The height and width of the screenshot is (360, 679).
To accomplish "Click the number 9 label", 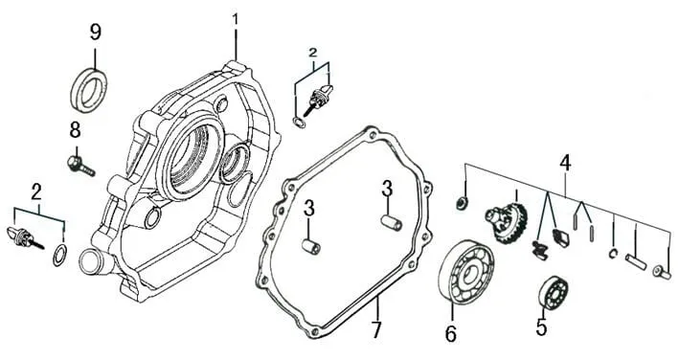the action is [95, 33].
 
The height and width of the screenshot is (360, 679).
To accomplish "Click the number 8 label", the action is [76, 130].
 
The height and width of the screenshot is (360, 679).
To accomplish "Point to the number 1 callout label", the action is [236, 20].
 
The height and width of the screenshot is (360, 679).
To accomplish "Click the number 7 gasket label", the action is [375, 329].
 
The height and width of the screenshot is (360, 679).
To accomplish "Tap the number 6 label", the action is [451, 334].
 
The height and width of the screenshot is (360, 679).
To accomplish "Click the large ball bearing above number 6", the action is [466, 272].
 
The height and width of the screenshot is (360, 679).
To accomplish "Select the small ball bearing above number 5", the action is [553, 293].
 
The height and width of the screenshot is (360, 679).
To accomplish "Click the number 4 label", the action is [565, 163].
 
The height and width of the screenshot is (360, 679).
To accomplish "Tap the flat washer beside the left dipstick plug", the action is [59, 255].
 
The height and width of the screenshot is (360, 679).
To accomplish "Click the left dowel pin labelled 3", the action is [312, 248].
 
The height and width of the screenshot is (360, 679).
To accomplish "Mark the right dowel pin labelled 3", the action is [392, 222].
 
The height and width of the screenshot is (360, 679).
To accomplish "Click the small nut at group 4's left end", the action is [462, 202].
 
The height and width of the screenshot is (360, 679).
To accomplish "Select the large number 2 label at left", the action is [36, 192].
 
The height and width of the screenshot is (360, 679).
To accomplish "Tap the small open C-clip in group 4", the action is [612, 254].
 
